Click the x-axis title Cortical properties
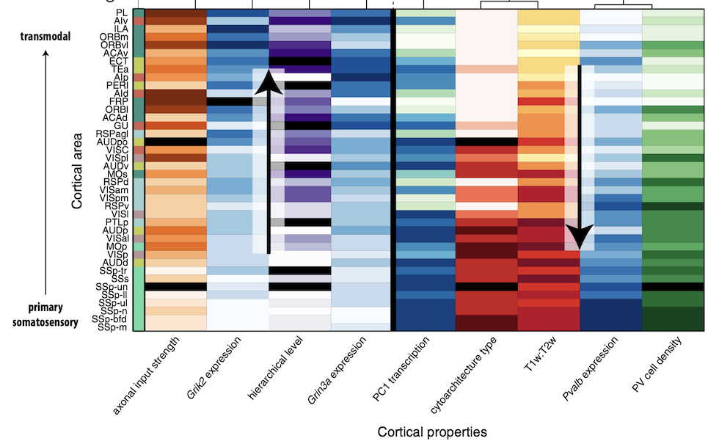coord(432,431)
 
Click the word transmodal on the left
coord(45,37)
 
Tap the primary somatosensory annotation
coord(45,314)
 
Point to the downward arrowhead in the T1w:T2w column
coord(580,238)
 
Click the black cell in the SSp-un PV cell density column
coord(673,287)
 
